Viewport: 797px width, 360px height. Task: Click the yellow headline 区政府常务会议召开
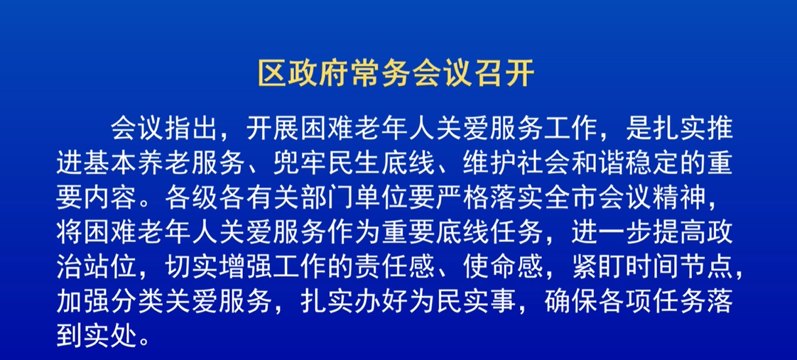coord(396,75)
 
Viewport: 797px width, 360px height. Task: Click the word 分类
coord(138,303)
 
